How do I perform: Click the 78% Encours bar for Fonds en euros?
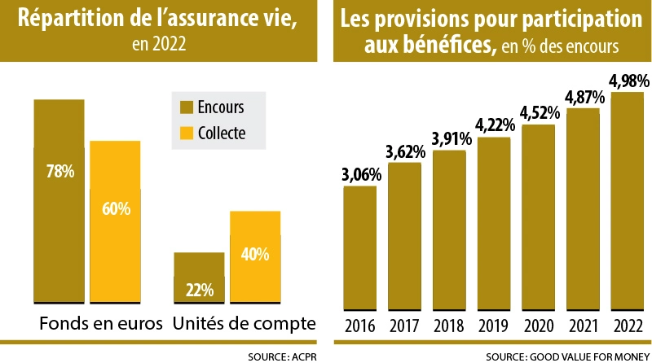[59, 203]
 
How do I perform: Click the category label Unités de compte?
[244, 324]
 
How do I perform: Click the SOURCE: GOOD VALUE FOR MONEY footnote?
[566, 356]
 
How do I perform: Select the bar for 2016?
[359, 248]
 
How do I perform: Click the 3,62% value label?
[404, 151]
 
